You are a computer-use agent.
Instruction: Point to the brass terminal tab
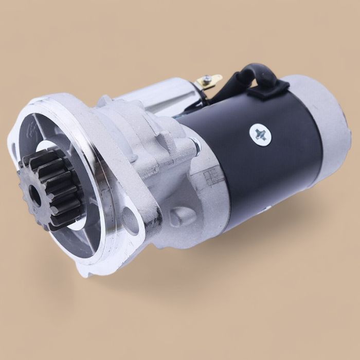211,80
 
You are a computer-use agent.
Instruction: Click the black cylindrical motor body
257,154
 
